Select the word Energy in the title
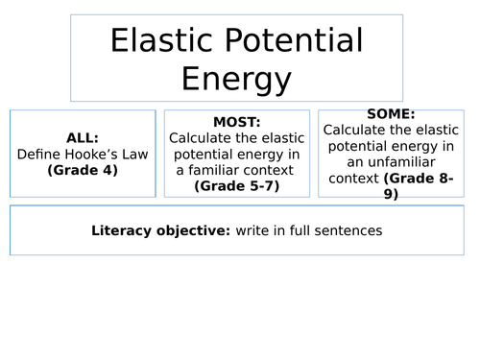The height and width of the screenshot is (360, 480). (236, 80)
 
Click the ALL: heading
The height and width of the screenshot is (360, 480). (83, 136)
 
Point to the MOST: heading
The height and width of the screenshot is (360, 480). (236, 123)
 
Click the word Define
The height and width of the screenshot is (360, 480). (39, 154)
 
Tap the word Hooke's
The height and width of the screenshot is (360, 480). (93, 154)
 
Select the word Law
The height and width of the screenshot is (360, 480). (137, 154)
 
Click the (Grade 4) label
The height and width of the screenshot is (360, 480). (83, 170)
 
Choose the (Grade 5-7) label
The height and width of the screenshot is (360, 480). (236, 185)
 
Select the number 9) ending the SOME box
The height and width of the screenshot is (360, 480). (390, 194)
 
